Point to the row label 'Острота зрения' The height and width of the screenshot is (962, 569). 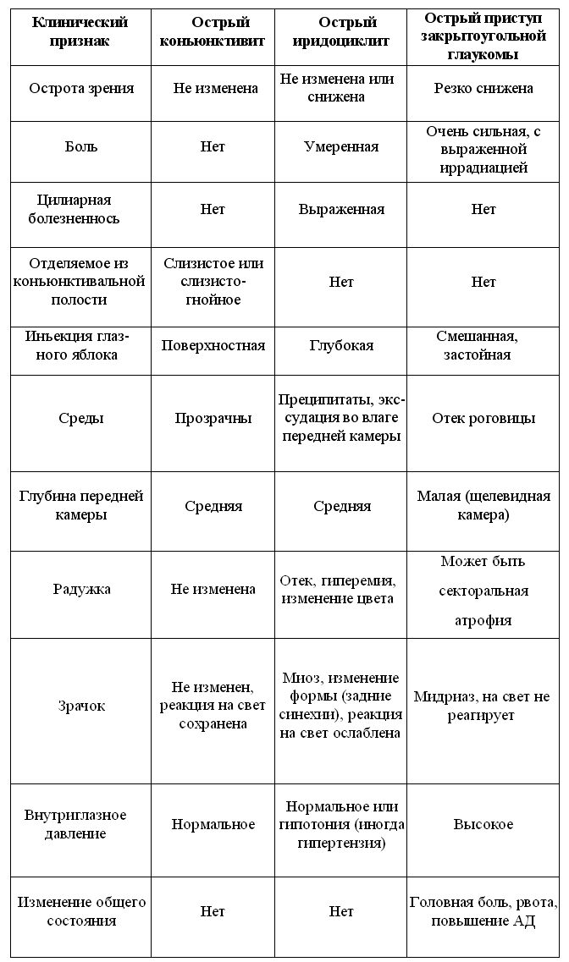point(81,89)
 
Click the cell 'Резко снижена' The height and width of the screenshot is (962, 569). point(483,89)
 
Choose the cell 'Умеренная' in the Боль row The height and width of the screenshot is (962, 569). point(340,146)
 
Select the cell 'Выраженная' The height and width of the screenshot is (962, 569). point(340,209)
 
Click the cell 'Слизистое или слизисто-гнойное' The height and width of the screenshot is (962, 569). point(213,282)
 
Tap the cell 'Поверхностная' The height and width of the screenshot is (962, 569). point(213,345)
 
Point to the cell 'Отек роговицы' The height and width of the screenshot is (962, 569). point(483,418)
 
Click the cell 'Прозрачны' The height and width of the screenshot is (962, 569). point(213,418)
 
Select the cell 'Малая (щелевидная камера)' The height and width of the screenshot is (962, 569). point(483,506)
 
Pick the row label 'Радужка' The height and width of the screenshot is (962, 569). point(81,590)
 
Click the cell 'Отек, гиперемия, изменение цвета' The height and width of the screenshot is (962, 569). point(340,590)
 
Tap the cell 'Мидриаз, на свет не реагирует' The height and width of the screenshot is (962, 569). point(482,706)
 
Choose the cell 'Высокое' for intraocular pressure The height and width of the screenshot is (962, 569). point(483,824)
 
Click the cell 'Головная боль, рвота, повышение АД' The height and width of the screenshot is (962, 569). point(483,912)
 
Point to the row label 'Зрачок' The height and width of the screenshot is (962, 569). point(81,706)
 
